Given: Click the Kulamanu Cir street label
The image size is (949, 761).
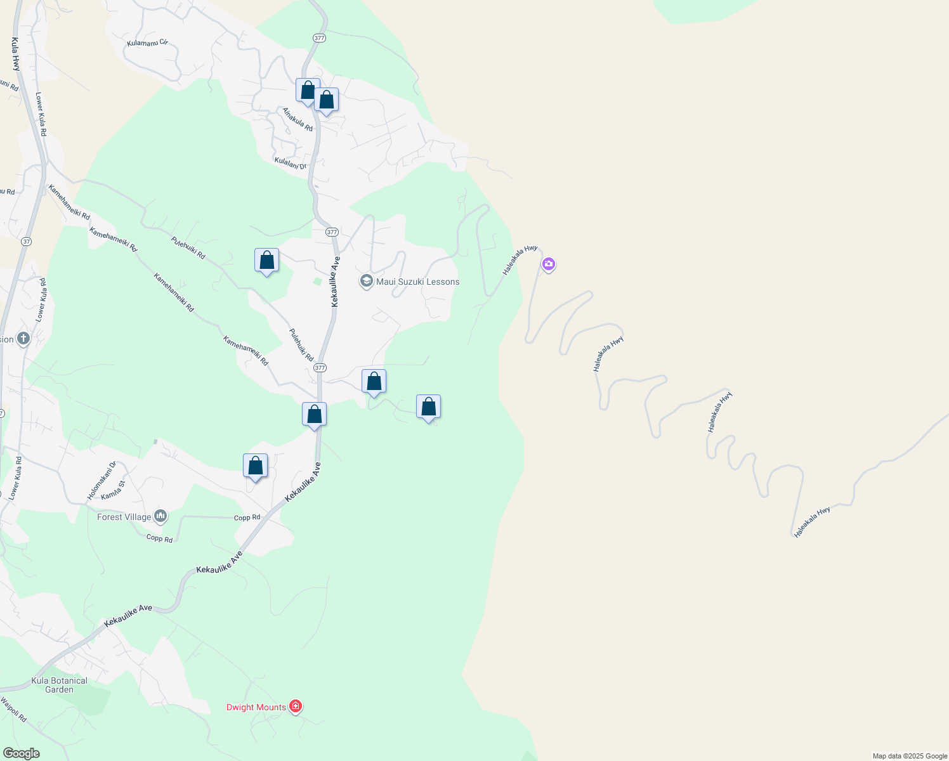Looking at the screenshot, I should click(x=147, y=43).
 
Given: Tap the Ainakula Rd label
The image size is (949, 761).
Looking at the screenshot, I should click(x=298, y=119).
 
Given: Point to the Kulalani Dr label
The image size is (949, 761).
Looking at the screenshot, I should click(x=291, y=162).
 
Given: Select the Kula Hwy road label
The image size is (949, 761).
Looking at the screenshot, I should click(x=16, y=54).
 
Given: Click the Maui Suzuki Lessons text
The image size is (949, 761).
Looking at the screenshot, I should click(x=417, y=282).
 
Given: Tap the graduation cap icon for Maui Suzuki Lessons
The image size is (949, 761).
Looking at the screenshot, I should click(x=366, y=281).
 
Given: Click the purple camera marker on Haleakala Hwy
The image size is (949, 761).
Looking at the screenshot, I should click(x=549, y=264).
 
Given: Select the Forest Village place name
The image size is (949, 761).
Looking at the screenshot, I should click(x=124, y=517).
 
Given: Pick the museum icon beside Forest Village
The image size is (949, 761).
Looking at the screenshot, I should click(x=160, y=517).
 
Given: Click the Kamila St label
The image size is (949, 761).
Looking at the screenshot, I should click(x=114, y=490).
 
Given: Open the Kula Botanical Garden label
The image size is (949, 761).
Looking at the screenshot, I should click(x=60, y=685).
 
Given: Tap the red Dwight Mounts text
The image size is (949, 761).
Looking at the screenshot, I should click(x=256, y=707).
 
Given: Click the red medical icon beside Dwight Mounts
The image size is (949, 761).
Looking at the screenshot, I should click(x=295, y=706).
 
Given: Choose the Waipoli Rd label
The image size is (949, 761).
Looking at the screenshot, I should click(x=13, y=710).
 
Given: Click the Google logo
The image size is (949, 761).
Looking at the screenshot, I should click(x=21, y=753).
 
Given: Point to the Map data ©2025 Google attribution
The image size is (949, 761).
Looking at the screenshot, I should click(x=910, y=756).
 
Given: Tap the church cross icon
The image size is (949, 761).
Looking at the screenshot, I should click(x=23, y=338).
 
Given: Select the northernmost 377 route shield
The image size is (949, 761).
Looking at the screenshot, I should click(x=319, y=38).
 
